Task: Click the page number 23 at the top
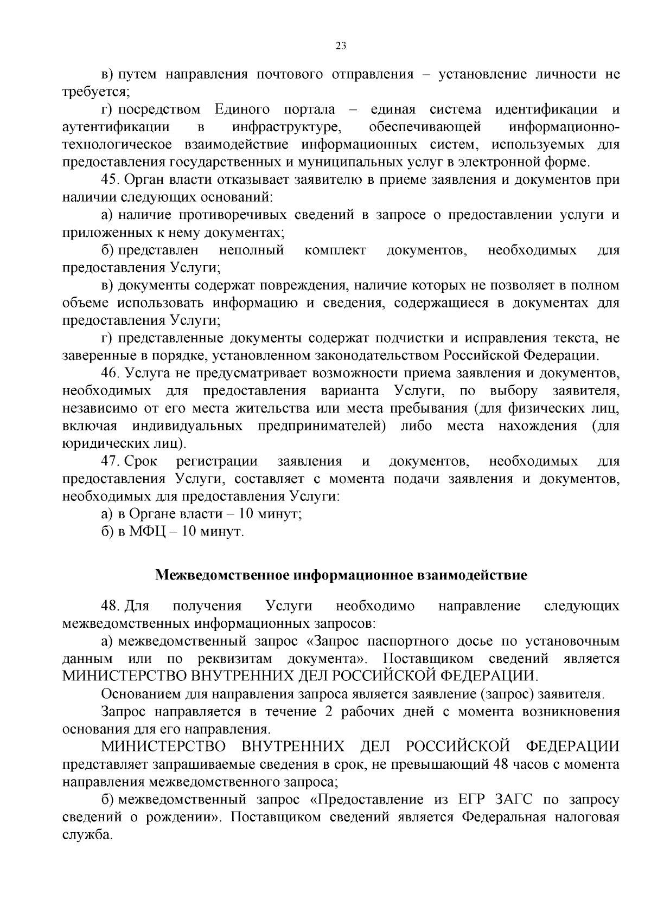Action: point(341,46)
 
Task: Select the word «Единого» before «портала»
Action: point(242,110)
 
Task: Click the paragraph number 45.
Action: point(111,180)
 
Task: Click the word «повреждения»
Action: point(302,285)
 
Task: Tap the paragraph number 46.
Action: point(111,374)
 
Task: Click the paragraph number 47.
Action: point(111,461)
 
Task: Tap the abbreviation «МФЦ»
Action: point(145,532)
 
